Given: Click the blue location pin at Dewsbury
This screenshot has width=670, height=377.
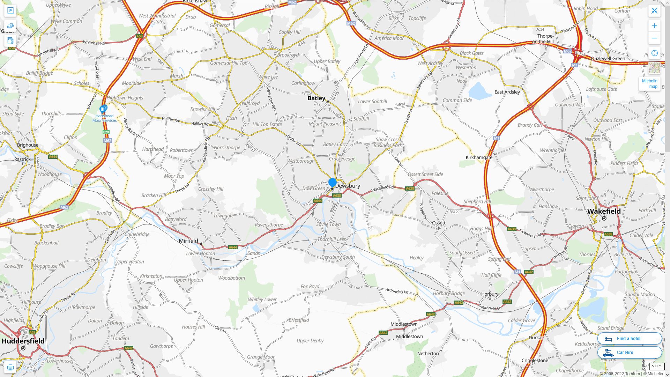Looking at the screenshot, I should click(x=332, y=183).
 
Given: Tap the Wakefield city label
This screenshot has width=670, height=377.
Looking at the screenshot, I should click(x=604, y=211).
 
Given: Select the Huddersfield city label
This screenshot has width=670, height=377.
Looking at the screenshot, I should click(x=23, y=341).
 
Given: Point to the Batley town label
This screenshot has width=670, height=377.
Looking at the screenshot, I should click(x=316, y=98).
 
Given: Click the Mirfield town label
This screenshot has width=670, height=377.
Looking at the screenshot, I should click(x=188, y=241).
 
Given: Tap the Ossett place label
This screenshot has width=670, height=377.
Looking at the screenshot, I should click(x=439, y=223).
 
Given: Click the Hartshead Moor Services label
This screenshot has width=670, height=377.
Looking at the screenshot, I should click(x=104, y=118).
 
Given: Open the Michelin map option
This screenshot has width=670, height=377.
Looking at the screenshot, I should click(x=649, y=83).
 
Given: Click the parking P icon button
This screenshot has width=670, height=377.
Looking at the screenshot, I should click(x=10, y=10).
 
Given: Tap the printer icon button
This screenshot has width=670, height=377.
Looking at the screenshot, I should click(x=10, y=367).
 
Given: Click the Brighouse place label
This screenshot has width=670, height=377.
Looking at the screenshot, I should click(x=28, y=145).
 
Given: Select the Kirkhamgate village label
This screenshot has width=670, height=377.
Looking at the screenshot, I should click(x=479, y=157).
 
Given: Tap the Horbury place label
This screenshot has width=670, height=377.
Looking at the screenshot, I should click(x=490, y=294).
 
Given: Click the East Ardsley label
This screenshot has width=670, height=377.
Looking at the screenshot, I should click(x=507, y=92).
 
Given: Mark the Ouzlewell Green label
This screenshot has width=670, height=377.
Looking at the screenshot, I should click(x=608, y=58).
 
